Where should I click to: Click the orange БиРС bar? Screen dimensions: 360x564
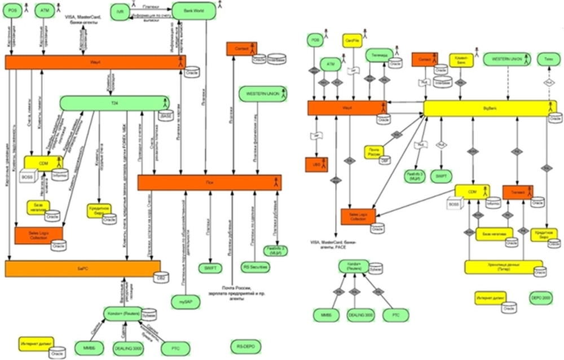pyautogui.click(x=82, y=269)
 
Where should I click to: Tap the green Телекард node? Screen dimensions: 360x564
pyautogui.click(x=379, y=54)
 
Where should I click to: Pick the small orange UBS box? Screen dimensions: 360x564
pyautogui.click(x=316, y=164)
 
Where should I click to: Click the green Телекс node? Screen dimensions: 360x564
pyautogui.click(x=548, y=59)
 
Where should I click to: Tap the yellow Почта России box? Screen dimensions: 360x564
pyautogui.click(x=374, y=152)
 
